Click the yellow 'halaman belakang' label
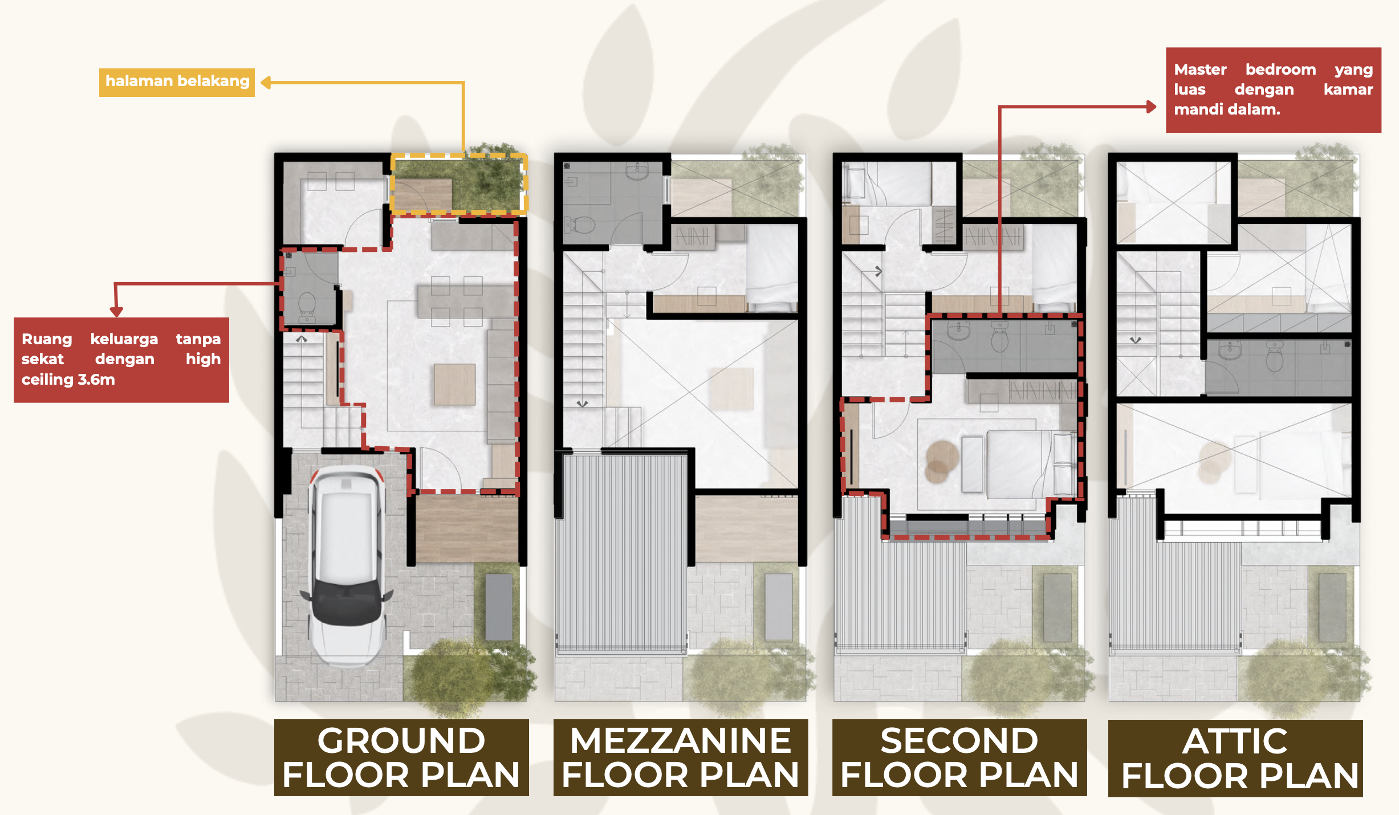pyautogui.click(x=177, y=82)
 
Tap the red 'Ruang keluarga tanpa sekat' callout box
pyautogui.click(x=121, y=360)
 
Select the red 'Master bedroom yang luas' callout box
pyautogui.click(x=1273, y=90)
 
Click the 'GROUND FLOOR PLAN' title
pyautogui.click(x=401, y=757)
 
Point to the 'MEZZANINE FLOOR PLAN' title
pyautogui.click(x=681, y=757)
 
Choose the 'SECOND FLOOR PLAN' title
pyautogui.click(x=959, y=757)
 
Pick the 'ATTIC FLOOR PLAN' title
pyautogui.click(x=1235, y=758)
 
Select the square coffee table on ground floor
pyautogui.click(x=455, y=385)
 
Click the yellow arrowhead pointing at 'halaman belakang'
pyautogui.click(x=266, y=83)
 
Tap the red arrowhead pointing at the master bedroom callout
pyautogui.click(x=1151, y=107)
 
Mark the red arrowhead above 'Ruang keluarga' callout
pyautogui.click(x=116, y=311)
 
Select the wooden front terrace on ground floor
pyautogui.click(x=467, y=528)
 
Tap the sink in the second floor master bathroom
pyautogui.click(x=958, y=331)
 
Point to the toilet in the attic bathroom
pyautogui.click(x=1274, y=357)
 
